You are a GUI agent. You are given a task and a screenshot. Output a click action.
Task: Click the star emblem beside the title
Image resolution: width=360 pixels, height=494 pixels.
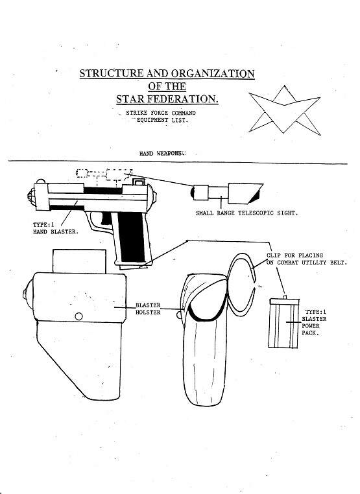tap(284, 110)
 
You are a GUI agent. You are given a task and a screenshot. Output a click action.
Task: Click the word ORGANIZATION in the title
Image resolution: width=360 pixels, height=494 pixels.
tap(213, 73)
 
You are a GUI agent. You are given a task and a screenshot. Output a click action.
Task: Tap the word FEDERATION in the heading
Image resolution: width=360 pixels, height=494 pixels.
tap(183, 99)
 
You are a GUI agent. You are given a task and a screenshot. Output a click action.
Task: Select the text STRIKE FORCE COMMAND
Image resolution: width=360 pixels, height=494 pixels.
tap(161, 113)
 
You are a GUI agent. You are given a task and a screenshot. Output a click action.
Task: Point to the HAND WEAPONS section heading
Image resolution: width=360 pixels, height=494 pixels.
tap(162, 154)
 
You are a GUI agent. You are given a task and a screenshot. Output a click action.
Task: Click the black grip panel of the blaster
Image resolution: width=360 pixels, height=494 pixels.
tap(131, 236)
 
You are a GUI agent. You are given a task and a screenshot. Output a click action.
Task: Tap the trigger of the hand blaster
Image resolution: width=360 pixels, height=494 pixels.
tap(106, 218)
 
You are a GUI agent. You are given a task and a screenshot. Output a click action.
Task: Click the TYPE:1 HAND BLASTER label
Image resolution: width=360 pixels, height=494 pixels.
tap(56, 228)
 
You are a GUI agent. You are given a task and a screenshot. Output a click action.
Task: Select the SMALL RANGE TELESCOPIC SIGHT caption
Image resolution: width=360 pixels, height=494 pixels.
tap(246, 213)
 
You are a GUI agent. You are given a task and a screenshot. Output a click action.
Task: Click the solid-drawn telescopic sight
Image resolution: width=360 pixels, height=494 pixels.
tap(226, 193)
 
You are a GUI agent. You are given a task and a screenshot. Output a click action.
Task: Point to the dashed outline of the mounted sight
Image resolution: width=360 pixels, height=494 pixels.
tap(104, 175)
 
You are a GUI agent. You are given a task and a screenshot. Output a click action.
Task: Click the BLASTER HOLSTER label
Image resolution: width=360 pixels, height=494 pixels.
tap(148, 309)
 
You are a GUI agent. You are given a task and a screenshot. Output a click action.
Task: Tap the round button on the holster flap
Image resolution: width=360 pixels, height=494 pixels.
tap(78, 316)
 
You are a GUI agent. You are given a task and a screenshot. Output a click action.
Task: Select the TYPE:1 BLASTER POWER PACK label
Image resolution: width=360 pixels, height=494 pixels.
tap(314, 322)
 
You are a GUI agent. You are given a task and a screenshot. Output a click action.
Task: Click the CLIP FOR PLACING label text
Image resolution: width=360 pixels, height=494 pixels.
tap(294, 255)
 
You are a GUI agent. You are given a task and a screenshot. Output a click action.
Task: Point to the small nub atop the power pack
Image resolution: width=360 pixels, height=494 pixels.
tap(285, 297)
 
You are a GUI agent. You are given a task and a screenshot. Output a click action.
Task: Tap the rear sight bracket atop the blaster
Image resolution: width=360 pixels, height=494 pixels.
tap(139, 182)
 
